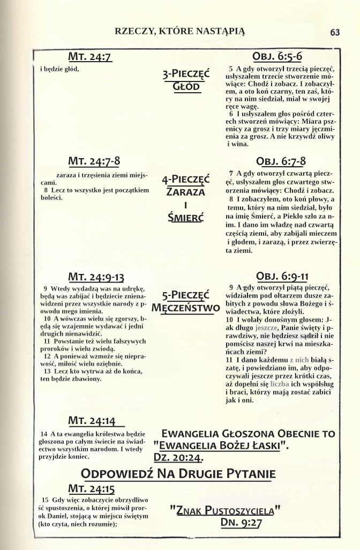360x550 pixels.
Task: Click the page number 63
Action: click(x=335, y=32)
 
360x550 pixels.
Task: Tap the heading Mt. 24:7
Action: click(x=89, y=57)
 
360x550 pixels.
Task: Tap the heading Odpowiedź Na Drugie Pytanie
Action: click(x=178, y=474)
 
